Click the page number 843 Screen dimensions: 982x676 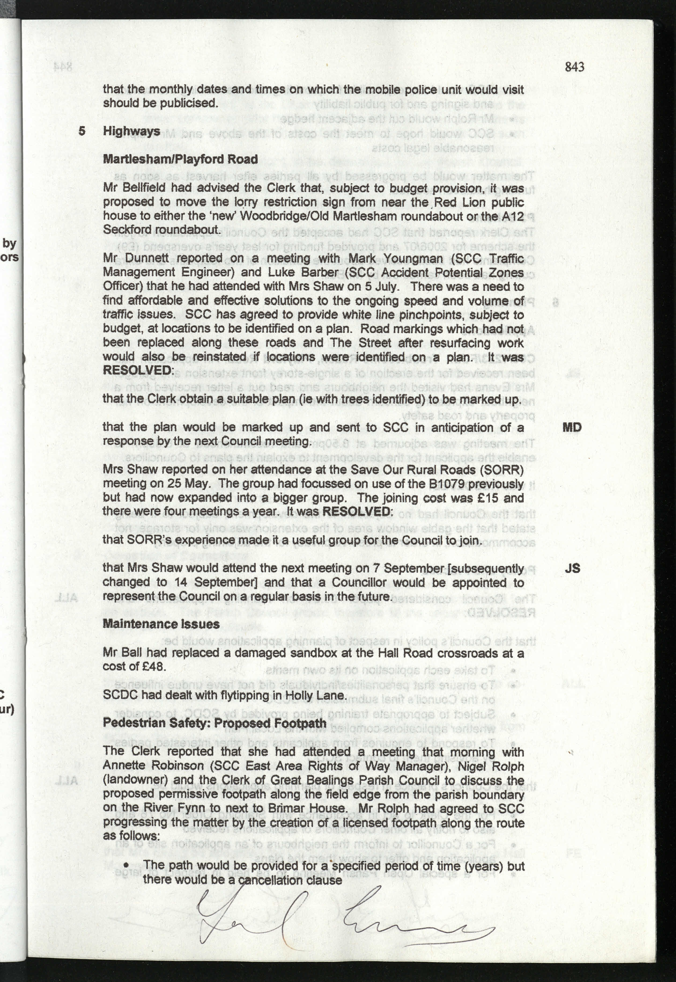(574, 67)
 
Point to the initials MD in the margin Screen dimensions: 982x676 (572, 427)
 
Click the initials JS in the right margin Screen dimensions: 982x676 (572, 568)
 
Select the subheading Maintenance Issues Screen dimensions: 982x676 (161, 624)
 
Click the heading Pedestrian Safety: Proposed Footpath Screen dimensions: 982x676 (214, 723)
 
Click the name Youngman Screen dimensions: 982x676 (404, 258)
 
